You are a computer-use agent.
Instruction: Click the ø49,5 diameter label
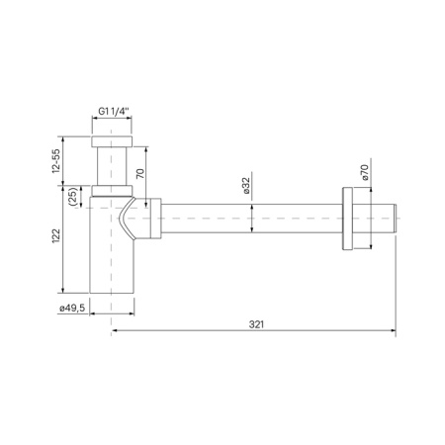(72, 308)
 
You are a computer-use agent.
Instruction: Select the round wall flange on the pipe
(347, 219)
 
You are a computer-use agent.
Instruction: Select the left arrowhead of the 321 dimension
(114, 331)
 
